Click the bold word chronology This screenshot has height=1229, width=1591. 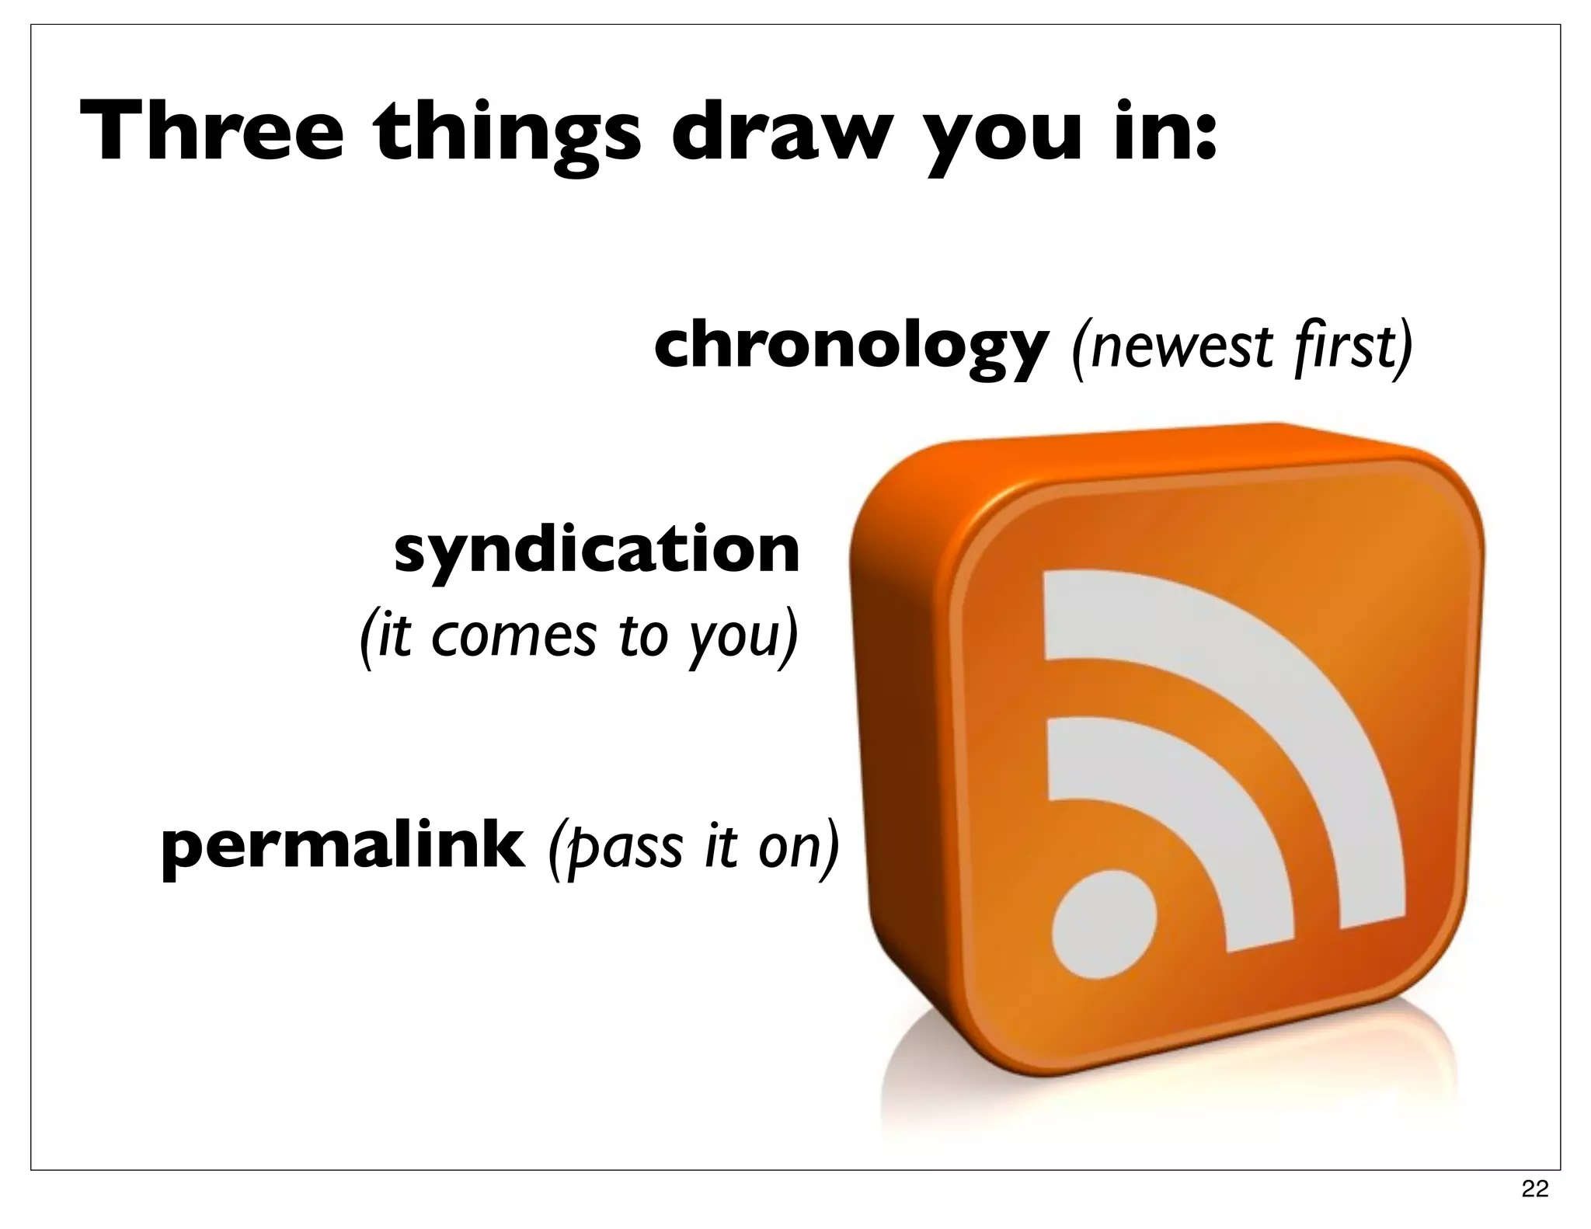(851, 347)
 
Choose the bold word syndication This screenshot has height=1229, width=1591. (597, 551)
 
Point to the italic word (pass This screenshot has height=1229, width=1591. (607, 847)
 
